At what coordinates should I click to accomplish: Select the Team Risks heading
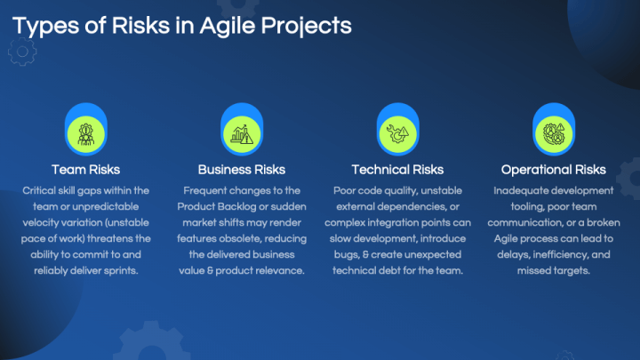click(85, 169)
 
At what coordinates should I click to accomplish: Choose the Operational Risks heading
click(553, 169)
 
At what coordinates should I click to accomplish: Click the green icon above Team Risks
click(85, 132)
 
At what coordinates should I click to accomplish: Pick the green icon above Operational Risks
click(553, 132)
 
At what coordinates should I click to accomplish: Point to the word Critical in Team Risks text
click(41, 190)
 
